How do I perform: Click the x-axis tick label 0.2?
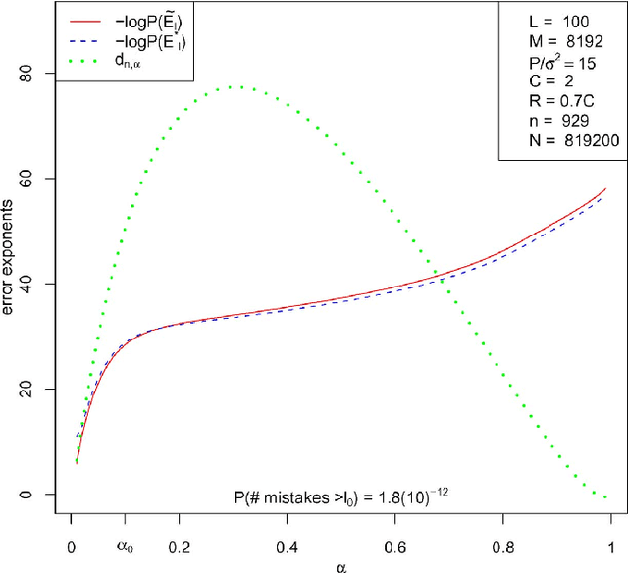(x=179, y=547)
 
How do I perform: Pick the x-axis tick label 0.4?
(x=287, y=547)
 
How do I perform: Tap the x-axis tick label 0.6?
(x=394, y=547)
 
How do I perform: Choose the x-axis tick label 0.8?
(x=502, y=547)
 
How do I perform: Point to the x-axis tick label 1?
(x=610, y=547)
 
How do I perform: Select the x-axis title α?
(x=340, y=566)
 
